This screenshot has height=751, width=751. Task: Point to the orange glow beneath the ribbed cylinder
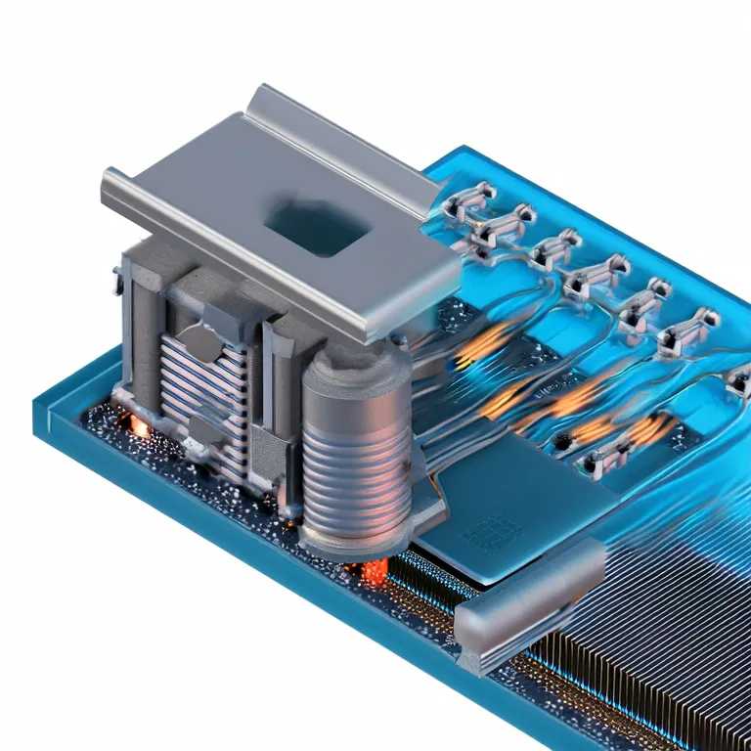pyautogui.click(x=375, y=572)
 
